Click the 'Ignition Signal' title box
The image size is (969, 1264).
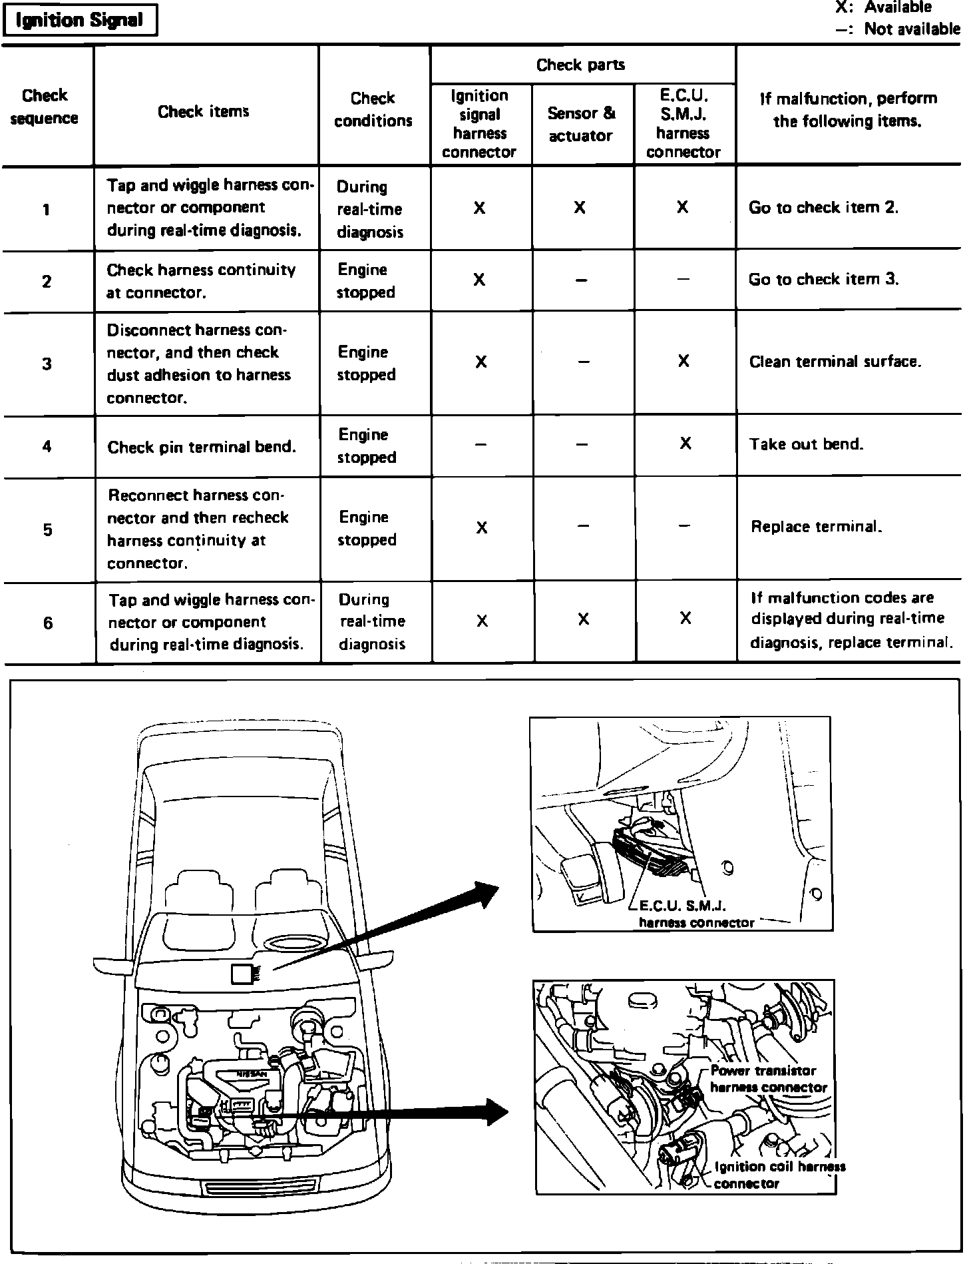point(79,21)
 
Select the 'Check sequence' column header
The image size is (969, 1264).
point(45,107)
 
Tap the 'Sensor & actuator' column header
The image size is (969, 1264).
point(580,124)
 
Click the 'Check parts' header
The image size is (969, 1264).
point(580,65)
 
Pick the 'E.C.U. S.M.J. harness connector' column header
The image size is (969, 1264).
point(683,124)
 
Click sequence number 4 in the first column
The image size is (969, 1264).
point(47,446)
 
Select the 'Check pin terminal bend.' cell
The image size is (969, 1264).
point(202,447)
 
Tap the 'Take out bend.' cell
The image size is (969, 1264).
point(806,444)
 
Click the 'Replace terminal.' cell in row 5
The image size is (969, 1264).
point(817,527)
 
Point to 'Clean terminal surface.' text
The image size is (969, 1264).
point(835,362)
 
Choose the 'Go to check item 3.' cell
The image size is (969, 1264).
point(824,279)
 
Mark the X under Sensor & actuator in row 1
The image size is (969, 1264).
point(580,208)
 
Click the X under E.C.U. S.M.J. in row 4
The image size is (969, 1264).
point(685,444)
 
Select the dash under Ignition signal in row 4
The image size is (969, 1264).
point(481,444)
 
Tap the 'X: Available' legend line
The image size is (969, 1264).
point(884,8)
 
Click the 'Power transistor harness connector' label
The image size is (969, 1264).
point(767,1079)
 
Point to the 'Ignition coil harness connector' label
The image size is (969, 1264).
point(779,1175)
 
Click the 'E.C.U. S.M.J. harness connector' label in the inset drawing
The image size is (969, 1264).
point(695,914)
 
